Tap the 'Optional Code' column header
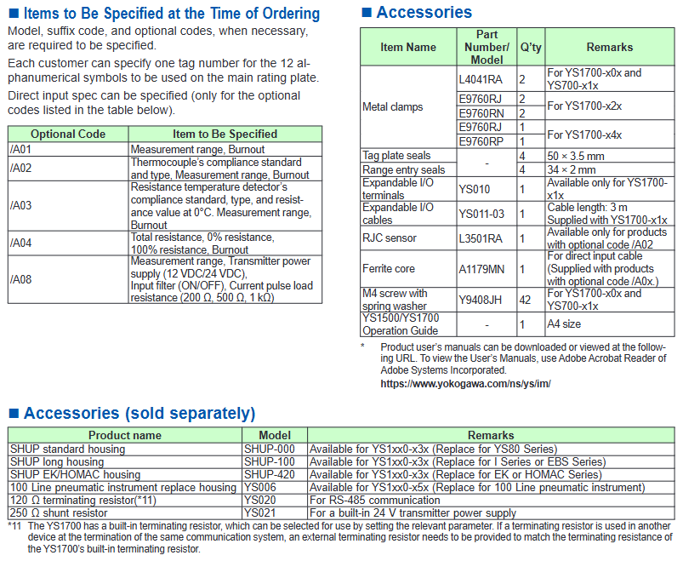[68, 134]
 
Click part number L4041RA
[480, 79]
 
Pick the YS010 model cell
[474, 188]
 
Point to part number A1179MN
[481, 269]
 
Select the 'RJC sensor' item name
[390, 238]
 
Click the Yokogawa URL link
[465, 384]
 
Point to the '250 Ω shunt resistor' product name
[60, 513]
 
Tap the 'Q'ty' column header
[528, 48]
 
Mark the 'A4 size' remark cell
[566, 324]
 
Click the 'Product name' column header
[124, 435]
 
